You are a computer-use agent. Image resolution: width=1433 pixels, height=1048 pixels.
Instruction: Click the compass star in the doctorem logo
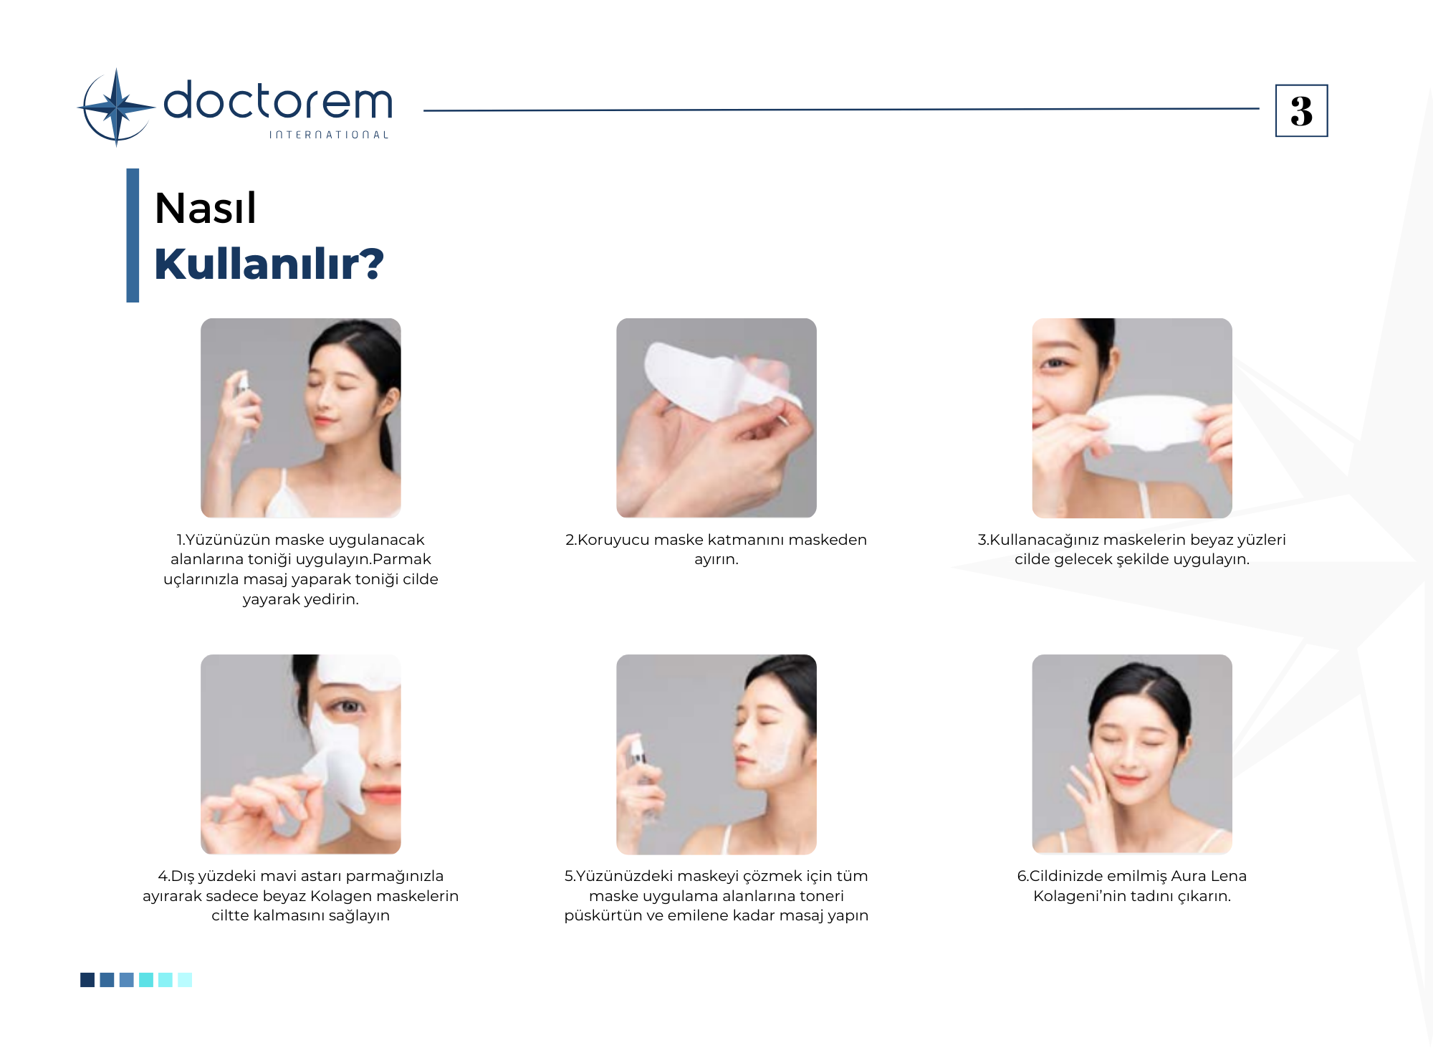[116, 108]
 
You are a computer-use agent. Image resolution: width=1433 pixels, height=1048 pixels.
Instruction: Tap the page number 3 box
[1301, 110]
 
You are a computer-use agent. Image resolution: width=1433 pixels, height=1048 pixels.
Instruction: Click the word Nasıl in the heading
[206, 209]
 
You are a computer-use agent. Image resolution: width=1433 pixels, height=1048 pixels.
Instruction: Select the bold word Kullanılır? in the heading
[269, 264]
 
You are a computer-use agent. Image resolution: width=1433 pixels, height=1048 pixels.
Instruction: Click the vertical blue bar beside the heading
[133, 235]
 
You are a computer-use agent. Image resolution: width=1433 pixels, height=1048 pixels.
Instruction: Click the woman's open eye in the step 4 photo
[349, 707]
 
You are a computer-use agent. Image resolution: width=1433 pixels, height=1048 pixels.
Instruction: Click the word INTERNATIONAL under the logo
[329, 135]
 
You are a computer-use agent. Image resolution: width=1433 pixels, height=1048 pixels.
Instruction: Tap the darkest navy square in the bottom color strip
[87, 980]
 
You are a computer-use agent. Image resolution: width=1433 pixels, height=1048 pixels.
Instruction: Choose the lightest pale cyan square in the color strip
[185, 980]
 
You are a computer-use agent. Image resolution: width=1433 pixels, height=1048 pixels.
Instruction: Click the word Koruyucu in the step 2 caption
[614, 540]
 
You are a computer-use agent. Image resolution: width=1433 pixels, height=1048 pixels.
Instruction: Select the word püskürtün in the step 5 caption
[603, 916]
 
